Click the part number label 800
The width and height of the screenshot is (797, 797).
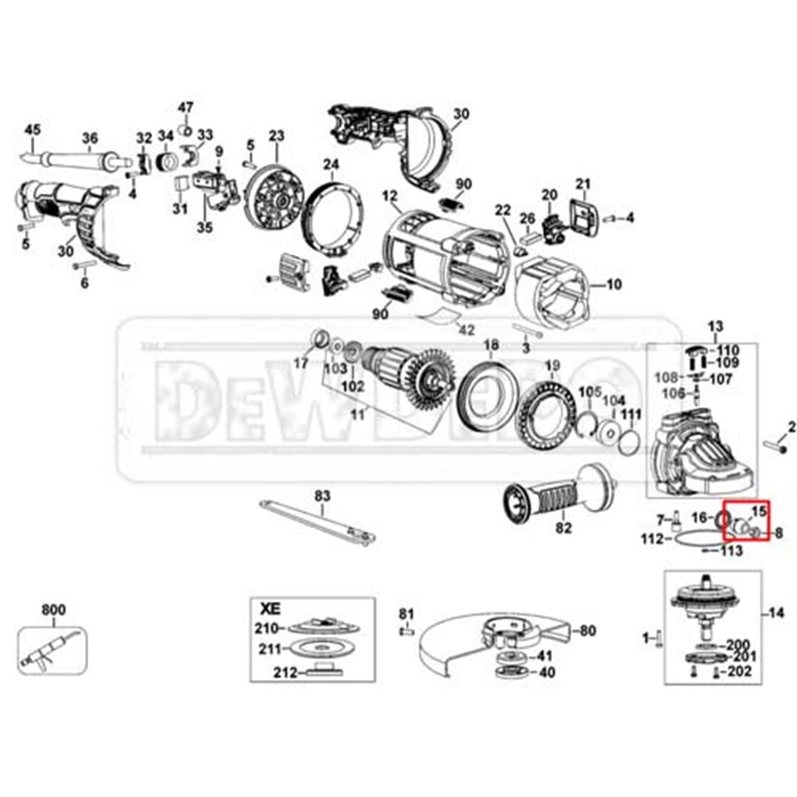(53, 611)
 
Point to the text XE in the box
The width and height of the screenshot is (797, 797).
(271, 607)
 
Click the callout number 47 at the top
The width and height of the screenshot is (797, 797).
(185, 108)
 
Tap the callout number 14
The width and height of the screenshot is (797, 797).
(775, 614)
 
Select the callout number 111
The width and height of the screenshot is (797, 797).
(632, 413)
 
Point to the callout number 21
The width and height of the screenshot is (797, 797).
(583, 183)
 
